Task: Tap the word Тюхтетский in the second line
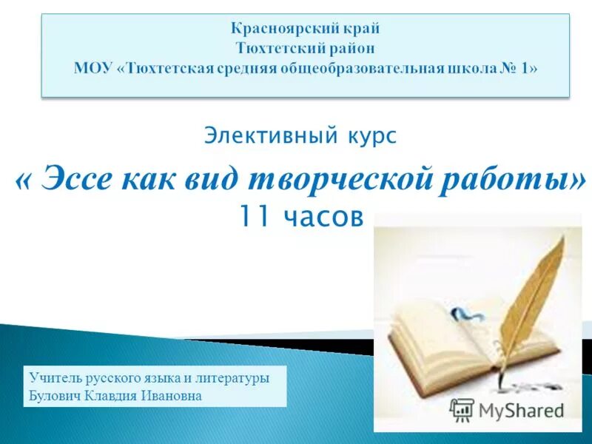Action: pyautogui.click(x=273, y=50)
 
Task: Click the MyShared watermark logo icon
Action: pyautogui.click(x=462, y=408)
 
